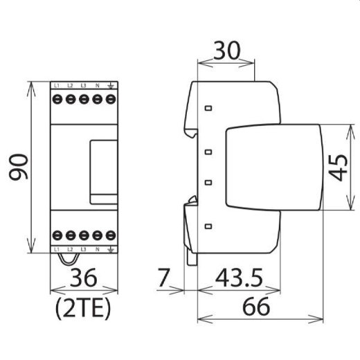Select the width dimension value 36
point(82,279)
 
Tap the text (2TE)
point(82,307)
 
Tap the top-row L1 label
point(57,85)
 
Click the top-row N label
point(96,85)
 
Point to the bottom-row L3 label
point(83,248)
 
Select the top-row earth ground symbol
point(109,85)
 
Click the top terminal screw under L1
point(57,99)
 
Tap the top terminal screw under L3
point(83,99)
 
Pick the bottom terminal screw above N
point(96,234)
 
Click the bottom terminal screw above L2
point(70,234)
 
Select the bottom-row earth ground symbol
point(109,248)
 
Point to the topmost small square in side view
point(208,108)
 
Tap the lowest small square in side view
point(208,226)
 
